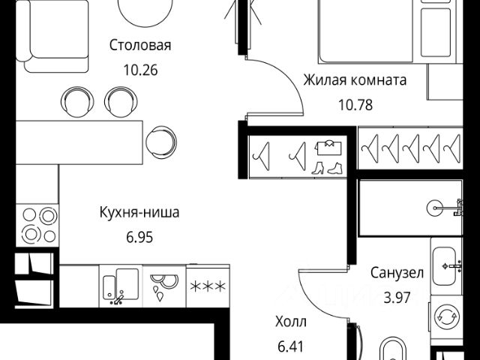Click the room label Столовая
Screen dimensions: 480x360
pos(140,46)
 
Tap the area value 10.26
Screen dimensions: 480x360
pos(140,70)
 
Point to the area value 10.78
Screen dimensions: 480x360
pos(355,105)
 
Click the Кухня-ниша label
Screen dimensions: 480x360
pos(139,212)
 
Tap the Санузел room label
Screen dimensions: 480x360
pos(397,272)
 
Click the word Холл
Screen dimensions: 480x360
pos(291,322)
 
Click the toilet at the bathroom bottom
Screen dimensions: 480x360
pos(394,350)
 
